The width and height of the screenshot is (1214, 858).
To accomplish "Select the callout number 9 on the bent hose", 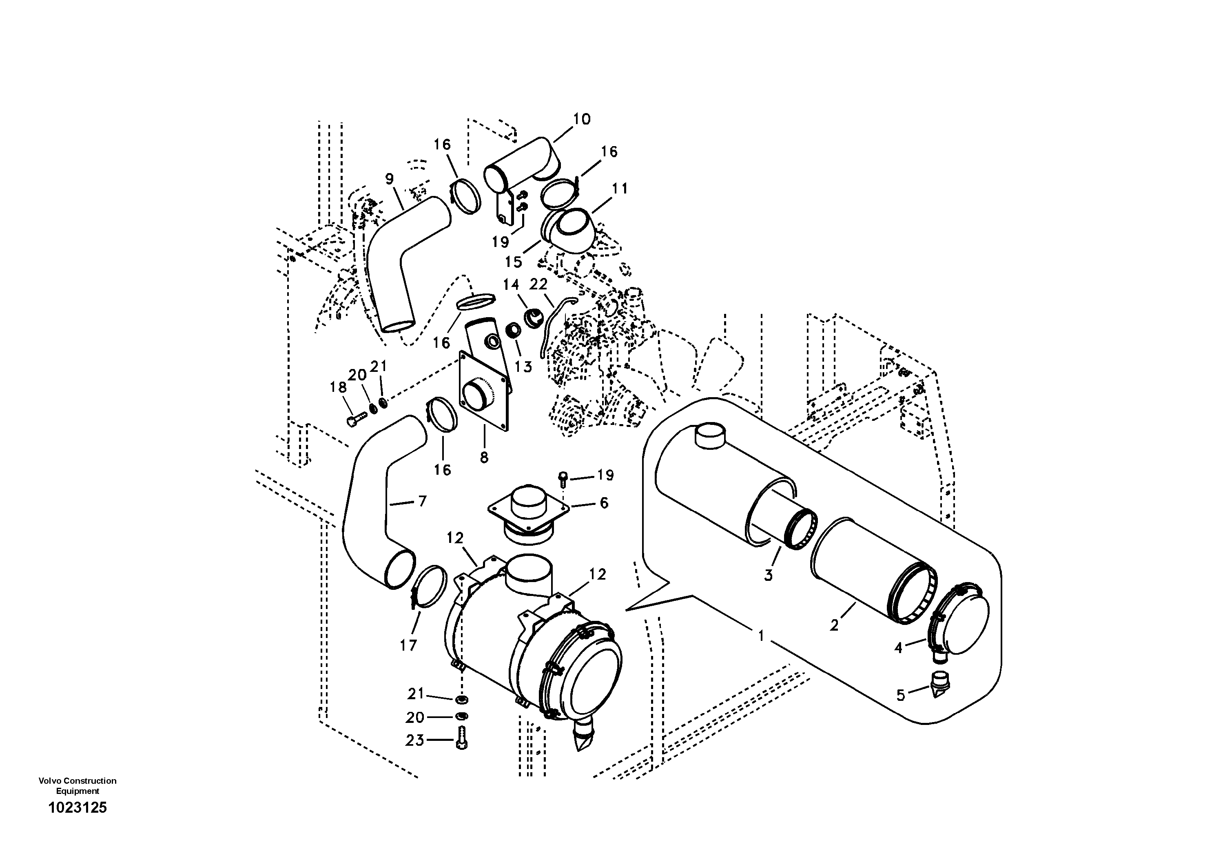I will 389,179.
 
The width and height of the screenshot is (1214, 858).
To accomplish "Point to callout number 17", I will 408,645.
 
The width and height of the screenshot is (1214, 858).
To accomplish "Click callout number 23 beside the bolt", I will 414,740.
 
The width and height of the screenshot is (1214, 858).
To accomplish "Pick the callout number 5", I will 900,695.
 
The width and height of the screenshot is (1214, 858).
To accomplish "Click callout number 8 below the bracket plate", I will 484,458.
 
